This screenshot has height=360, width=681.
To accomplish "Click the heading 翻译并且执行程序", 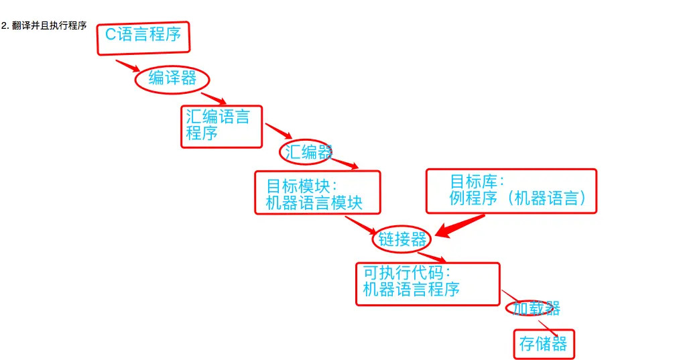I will coord(44,26).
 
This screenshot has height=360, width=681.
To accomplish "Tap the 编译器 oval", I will coord(173,79).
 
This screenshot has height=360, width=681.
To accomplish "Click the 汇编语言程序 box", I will coord(222,126).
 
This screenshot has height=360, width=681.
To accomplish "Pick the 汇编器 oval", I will coord(306,152).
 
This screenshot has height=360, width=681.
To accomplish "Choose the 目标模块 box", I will coord(317,192).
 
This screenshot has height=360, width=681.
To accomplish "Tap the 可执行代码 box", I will coord(428,284).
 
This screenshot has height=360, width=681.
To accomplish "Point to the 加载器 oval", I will coord(534,308).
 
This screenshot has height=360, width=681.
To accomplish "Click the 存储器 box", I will coord(544,345).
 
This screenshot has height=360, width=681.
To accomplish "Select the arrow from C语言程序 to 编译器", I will coord(127,66).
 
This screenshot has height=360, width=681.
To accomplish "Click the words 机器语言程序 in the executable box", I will coord(411,290).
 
